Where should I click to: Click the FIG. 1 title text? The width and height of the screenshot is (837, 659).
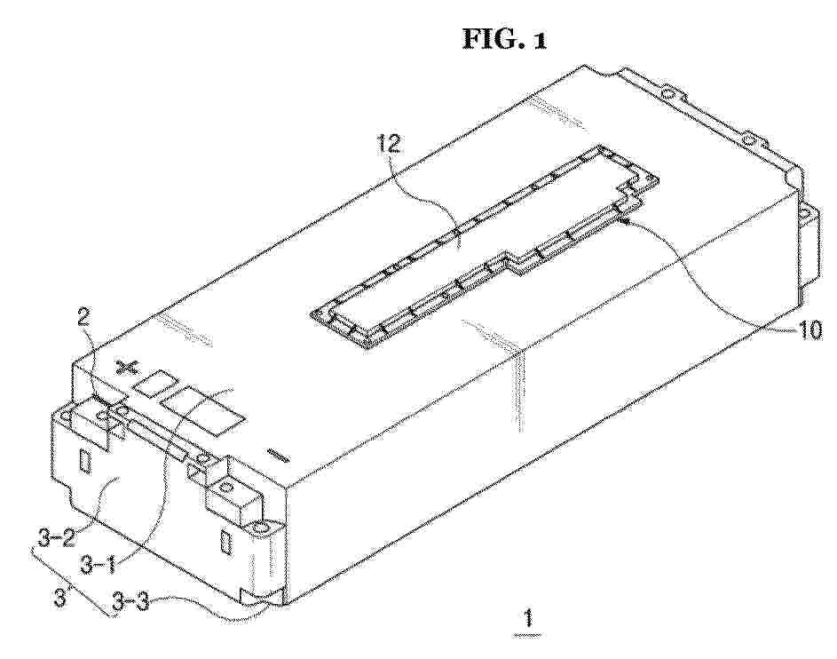[x=504, y=39]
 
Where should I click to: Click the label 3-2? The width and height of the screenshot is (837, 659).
[x=56, y=536]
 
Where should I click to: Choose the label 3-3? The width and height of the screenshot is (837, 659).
[x=131, y=605]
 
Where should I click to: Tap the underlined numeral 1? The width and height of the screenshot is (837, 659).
[x=528, y=620]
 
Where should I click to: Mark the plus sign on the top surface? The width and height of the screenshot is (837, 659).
[x=127, y=368]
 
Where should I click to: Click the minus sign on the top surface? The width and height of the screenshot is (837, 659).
[x=278, y=456]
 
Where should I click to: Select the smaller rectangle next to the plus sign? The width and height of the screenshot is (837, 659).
[x=156, y=384]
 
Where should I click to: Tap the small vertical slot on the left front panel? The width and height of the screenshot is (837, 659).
[x=84, y=460]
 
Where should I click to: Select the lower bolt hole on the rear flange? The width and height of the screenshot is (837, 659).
[x=749, y=141]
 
